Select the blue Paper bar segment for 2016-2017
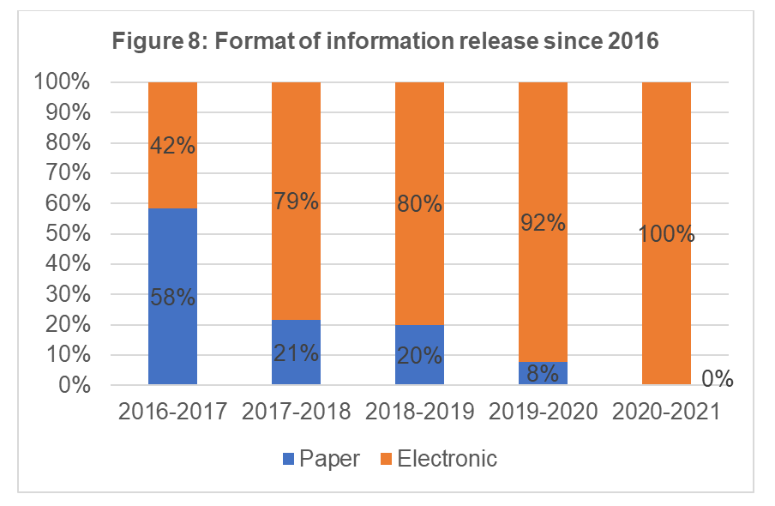tap(172, 326)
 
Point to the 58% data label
tap(172, 298)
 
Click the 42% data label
tap(172, 147)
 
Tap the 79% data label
tap(296, 202)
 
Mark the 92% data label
tap(543, 222)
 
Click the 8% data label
tap(543, 373)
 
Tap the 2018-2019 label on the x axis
tap(419, 412)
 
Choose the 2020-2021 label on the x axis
tap(666, 412)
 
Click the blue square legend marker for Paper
tap(287, 459)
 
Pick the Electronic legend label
tap(448, 459)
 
